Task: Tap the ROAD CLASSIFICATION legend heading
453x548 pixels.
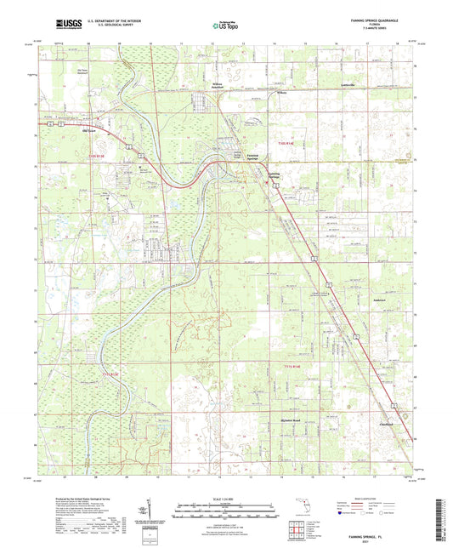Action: pos(382,498)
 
